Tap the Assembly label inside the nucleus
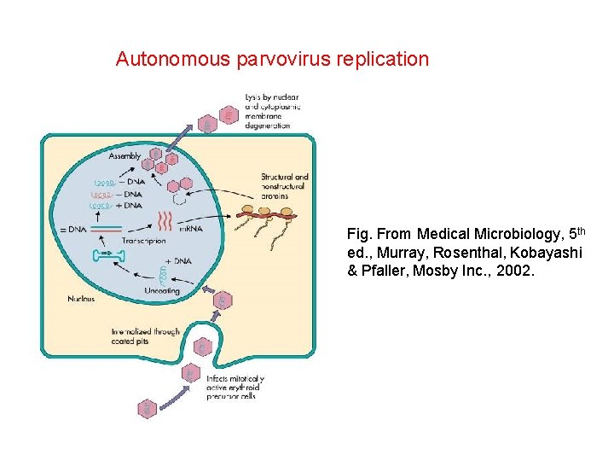tap(125, 156)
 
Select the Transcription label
tap(145, 242)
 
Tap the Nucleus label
tap(81, 299)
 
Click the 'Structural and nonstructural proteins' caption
tap(285, 186)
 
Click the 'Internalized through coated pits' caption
tap(145, 336)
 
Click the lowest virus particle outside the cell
tap(147, 409)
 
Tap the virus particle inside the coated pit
tap(202, 346)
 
